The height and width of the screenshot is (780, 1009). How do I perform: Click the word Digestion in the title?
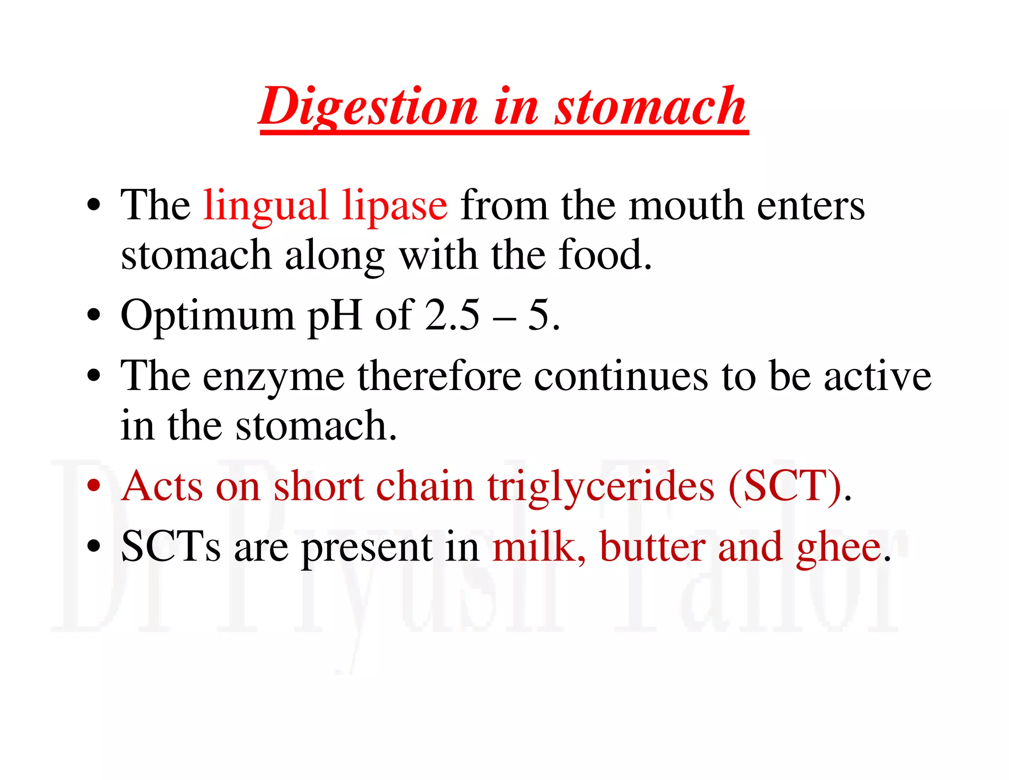[x=369, y=106]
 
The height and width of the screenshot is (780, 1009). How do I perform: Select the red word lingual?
[x=266, y=206]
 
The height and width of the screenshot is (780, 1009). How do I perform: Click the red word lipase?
[x=395, y=206]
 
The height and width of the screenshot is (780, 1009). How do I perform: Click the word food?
[x=605, y=255]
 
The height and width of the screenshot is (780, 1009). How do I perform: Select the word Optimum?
[x=207, y=316]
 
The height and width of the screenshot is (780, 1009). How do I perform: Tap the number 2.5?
[x=452, y=315]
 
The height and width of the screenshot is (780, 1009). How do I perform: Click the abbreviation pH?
[x=335, y=316]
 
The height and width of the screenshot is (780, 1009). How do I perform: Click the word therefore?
[x=439, y=376]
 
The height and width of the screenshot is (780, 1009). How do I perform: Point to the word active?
[x=877, y=376]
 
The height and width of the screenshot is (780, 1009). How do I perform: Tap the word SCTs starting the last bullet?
[x=170, y=546]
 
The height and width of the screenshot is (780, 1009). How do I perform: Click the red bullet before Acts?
[x=93, y=486]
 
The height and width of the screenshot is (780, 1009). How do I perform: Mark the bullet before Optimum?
[x=93, y=315]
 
